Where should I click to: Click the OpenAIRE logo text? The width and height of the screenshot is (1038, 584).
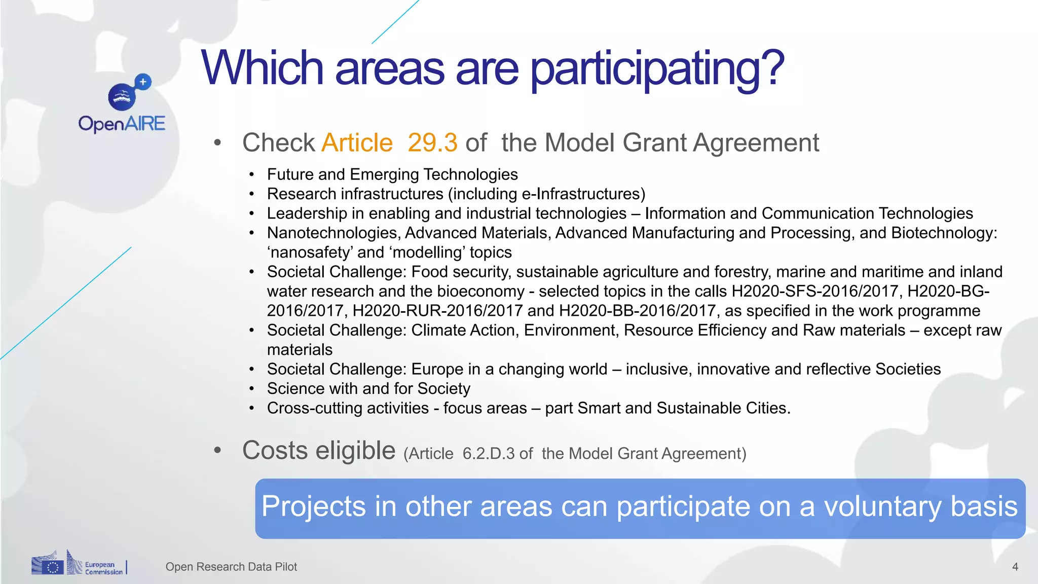[x=122, y=124]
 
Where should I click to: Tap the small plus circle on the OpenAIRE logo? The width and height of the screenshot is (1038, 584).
[x=143, y=82]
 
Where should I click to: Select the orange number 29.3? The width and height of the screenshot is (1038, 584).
[x=432, y=142]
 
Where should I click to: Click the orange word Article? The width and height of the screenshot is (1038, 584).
[x=357, y=142]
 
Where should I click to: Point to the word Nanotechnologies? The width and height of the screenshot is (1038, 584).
[x=334, y=233]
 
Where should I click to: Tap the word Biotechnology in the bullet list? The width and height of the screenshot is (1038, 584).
[x=943, y=233]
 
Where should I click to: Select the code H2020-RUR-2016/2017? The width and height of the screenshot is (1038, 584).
[x=437, y=310]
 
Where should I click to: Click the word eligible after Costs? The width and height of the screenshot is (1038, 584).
[x=355, y=450]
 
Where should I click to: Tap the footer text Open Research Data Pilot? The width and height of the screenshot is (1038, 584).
[x=231, y=567]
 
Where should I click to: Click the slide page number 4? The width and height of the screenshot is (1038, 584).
[x=1015, y=567]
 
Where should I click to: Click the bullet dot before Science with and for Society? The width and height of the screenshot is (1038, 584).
[x=251, y=389]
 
